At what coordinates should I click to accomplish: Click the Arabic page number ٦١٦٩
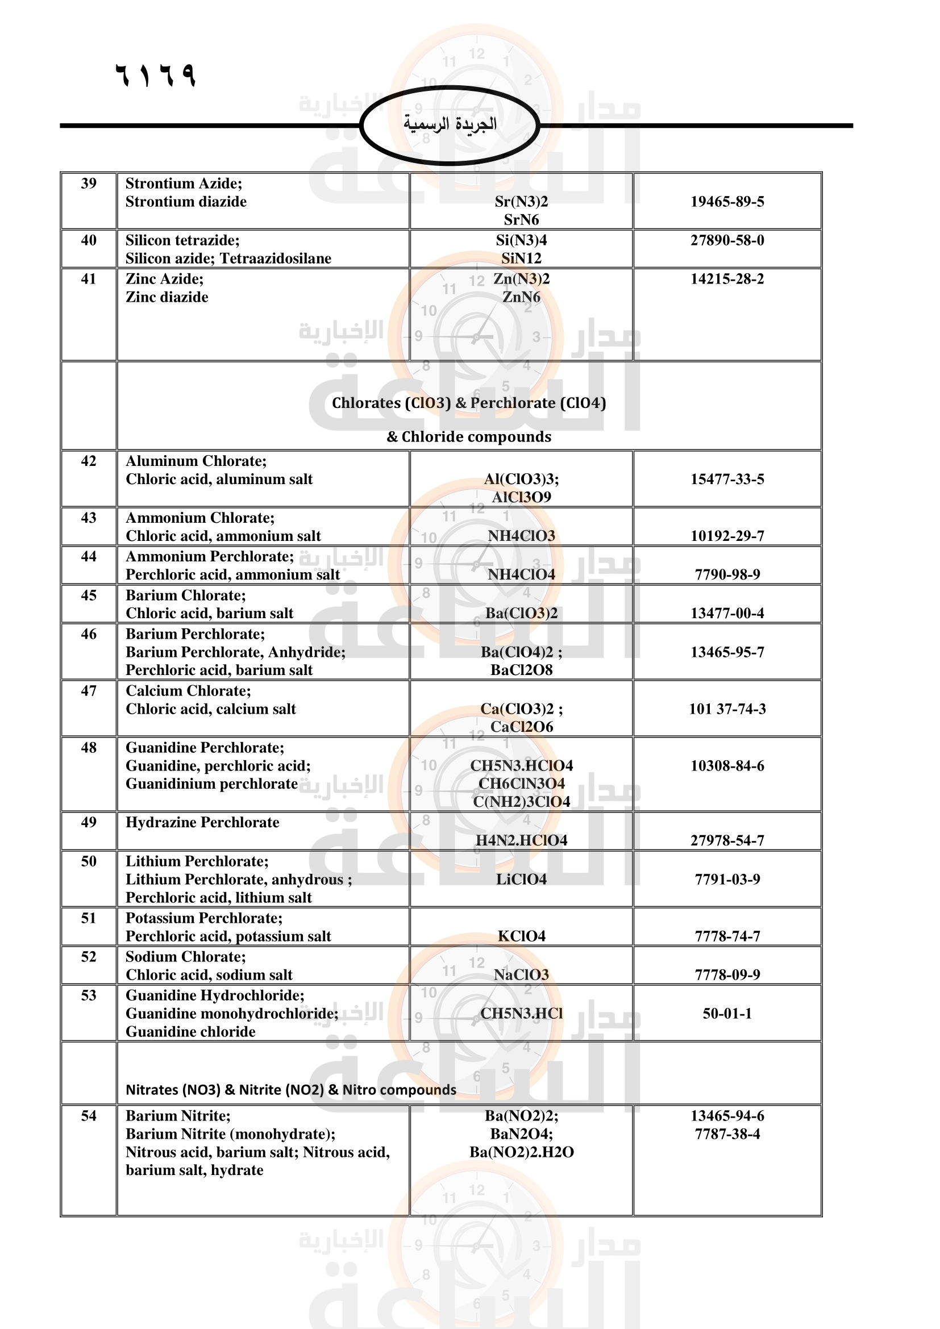coord(156,75)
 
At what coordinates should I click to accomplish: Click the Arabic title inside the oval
coord(450,124)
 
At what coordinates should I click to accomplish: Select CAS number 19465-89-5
coord(727,202)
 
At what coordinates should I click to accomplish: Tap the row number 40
coord(89,240)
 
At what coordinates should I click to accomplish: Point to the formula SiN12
coord(521,258)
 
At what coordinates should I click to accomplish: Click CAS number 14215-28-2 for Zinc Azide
coord(727,279)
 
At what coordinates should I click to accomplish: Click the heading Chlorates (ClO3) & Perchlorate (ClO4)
coord(469,403)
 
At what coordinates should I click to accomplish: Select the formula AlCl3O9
coord(521,497)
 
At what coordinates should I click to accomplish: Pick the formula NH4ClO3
coord(521,536)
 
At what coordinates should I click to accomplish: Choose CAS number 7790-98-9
coord(727,575)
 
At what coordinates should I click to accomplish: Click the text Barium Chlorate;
coord(186,595)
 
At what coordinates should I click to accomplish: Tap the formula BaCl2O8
coord(521,670)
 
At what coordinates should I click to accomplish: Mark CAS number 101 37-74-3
coord(727,709)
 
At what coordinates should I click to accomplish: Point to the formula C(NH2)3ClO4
coord(521,802)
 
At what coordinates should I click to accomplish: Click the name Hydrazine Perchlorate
coord(202,823)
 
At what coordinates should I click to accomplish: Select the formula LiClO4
coord(521,879)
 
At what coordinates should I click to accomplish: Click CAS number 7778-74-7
coord(727,936)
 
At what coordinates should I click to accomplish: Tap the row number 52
coord(89,957)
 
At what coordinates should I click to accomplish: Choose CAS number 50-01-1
coord(727,1014)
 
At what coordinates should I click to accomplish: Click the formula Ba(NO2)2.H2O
coord(521,1152)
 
